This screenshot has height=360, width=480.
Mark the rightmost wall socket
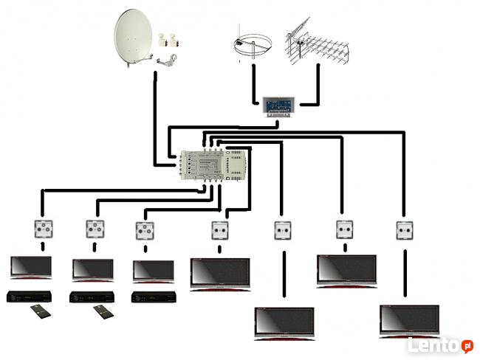[404, 229]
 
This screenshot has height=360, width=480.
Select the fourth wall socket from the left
[219, 229]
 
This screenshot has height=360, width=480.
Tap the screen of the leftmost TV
[30, 266]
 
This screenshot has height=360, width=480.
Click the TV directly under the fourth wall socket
[220, 273]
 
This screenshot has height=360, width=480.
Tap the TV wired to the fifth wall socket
[284, 323]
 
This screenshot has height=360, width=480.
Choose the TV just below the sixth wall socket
[346, 269]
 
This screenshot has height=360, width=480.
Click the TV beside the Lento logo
[409, 320]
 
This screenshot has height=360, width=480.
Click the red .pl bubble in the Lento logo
[467, 345]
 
